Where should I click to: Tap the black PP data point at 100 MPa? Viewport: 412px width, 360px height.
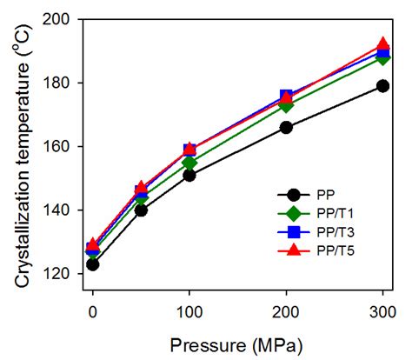pos(189,176)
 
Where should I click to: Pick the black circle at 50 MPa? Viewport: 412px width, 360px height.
pos(141,210)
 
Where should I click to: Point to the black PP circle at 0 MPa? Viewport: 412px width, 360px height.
pos(93,264)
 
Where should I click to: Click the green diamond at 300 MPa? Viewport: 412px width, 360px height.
pos(382,57)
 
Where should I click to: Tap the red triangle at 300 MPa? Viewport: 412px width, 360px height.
pos(382,44)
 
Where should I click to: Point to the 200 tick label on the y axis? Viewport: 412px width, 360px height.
pos(64,19)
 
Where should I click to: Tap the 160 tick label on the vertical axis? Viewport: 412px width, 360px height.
pos(64,146)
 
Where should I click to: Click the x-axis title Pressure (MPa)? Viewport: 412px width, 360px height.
pos(236,344)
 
